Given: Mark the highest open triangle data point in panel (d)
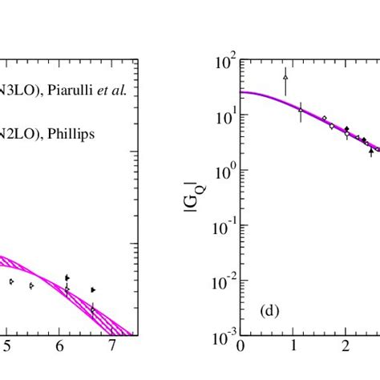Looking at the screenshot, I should tap(285, 77).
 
